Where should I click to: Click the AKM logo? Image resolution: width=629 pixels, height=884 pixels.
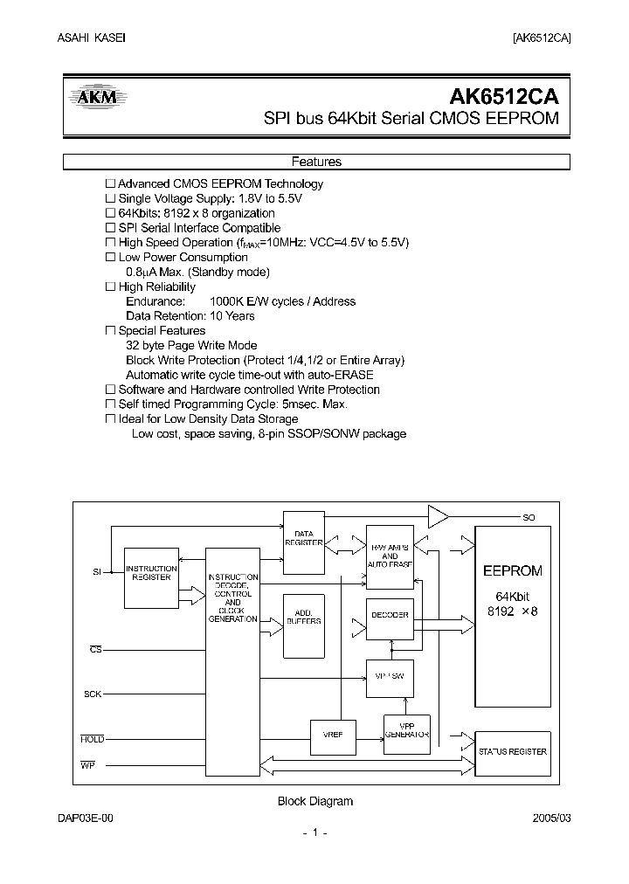[98, 99]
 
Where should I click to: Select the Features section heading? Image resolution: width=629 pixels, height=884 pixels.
[316, 162]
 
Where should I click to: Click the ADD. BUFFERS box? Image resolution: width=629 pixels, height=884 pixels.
[304, 617]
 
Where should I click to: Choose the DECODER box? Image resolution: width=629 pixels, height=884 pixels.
[390, 615]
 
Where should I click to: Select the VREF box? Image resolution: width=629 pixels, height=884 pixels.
[333, 736]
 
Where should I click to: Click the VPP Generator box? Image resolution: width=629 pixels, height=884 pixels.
[407, 730]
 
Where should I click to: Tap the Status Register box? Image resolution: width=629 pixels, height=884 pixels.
[512, 751]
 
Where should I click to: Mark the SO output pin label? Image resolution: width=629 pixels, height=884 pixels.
[529, 518]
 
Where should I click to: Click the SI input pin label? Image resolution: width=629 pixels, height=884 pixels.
[97, 571]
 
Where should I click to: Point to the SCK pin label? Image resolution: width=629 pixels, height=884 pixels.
[93, 694]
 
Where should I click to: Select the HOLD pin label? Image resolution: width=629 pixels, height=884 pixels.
[92, 739]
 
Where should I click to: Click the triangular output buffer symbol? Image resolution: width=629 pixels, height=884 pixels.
[436, 516]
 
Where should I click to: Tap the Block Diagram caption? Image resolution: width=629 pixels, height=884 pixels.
[314, 801]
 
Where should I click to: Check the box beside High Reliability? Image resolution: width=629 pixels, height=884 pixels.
[110, 287]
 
